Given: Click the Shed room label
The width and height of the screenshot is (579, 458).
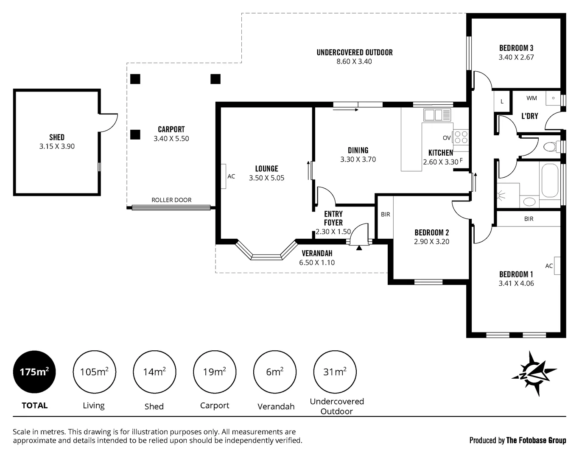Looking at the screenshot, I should tap(57, 137).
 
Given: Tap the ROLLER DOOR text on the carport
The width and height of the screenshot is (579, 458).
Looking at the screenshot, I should tap(171, 200).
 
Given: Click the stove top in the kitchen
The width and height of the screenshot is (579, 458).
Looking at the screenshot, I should tap(461, 137).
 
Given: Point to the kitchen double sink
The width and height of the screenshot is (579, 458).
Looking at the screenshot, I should tap(437, 115).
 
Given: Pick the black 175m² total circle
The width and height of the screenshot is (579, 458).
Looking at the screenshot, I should tap(34, 372).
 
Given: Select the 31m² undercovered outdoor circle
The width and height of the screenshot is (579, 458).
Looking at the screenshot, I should tap(335, 372).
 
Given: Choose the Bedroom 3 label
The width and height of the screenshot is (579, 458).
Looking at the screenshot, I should tap(516, 48).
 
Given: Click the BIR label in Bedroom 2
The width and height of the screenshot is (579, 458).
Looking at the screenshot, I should tap(385, 214).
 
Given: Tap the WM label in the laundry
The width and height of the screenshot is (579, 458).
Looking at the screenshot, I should tap(531, 98).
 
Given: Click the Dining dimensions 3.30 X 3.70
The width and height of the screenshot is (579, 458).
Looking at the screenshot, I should tap(358, 159).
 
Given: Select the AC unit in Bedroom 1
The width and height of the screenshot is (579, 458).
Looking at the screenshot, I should tap(557, 265).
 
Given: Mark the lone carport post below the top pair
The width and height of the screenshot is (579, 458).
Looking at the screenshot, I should tap(135, 134).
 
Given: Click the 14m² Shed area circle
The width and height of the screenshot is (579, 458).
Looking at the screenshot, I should tap(154, 372).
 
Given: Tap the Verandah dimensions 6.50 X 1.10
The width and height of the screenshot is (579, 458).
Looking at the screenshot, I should tap(317, 263).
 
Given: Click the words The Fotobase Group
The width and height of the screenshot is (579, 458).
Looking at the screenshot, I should tap(536, 440).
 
